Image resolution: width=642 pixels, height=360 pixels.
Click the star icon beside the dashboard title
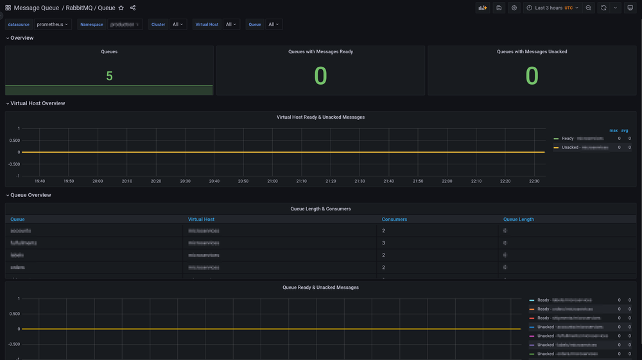tap(121, 8)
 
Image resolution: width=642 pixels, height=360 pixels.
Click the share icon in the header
tap(133, 8)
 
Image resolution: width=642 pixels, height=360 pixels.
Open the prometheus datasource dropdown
tap(53, 24)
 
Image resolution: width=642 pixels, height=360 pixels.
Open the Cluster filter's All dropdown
tap(178, 24)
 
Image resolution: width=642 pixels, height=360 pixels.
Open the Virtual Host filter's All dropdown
tap(231, 24)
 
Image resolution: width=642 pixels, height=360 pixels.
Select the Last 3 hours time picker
tap(552, 8)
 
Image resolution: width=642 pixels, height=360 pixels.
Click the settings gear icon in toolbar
tap(514, 8)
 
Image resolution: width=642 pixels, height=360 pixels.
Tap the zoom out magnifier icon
tap(589, 8)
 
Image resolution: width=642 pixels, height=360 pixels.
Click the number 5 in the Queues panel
tap(109, 76)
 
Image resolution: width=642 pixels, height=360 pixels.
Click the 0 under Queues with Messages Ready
tap(320, 76)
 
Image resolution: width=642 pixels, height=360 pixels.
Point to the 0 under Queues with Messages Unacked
tap(532, 76)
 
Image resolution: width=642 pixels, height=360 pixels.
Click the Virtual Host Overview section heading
tap(38, 103)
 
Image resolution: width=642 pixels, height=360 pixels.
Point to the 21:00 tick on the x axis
tap(272, 181)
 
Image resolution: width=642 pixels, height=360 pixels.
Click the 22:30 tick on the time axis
tap(534, 181)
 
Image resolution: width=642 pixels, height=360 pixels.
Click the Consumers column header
tap(394, 219)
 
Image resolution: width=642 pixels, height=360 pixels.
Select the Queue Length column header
tap(519, 219)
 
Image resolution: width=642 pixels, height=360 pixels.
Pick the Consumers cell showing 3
tap(383, 243)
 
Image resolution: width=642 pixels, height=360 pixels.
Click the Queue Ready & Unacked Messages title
tap(320, 287)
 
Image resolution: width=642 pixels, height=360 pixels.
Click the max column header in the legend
tap(614, 130)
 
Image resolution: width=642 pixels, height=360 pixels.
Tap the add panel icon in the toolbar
tap(482, 8)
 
